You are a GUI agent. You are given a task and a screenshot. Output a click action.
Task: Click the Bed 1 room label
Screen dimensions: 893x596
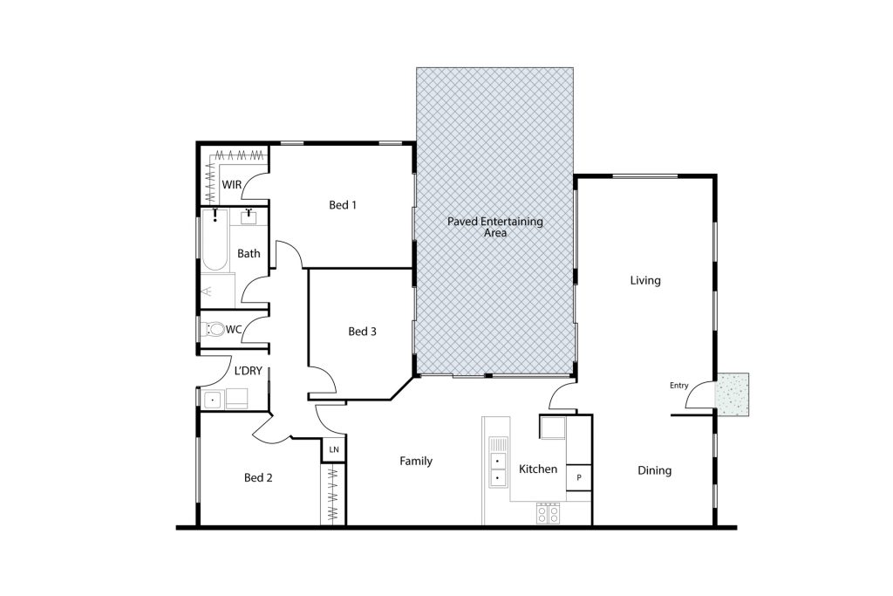343,204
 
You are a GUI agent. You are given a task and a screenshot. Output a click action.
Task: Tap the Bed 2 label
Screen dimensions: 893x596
258,477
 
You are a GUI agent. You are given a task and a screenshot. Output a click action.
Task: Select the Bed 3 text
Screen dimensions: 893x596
362,331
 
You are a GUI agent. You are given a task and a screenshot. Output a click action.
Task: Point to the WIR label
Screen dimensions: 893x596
232,185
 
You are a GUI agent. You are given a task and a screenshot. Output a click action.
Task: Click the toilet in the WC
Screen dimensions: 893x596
215,329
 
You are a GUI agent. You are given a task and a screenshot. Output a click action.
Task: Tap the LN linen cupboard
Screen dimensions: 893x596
334,449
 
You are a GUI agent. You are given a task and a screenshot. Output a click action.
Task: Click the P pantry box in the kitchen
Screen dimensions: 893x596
579,477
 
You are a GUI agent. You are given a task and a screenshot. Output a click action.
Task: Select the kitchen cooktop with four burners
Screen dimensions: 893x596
549,513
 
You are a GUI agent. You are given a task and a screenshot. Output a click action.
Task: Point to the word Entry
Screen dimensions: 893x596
678,386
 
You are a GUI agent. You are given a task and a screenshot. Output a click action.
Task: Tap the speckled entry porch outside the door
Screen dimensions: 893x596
732,394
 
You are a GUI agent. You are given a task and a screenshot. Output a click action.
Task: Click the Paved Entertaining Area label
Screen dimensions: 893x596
495,227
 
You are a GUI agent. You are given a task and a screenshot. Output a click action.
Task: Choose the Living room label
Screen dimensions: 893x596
645,280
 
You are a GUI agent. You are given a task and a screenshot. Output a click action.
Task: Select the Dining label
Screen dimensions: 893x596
654,470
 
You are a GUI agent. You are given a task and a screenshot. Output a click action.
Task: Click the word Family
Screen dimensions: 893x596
416,461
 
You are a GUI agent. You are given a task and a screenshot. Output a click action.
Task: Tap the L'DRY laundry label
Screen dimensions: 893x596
249,371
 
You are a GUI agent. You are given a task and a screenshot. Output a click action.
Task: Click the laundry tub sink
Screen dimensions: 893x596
214,400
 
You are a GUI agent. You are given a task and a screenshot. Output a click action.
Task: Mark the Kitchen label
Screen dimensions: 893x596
538,469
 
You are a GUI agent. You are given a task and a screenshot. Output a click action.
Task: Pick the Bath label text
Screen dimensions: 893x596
249,254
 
